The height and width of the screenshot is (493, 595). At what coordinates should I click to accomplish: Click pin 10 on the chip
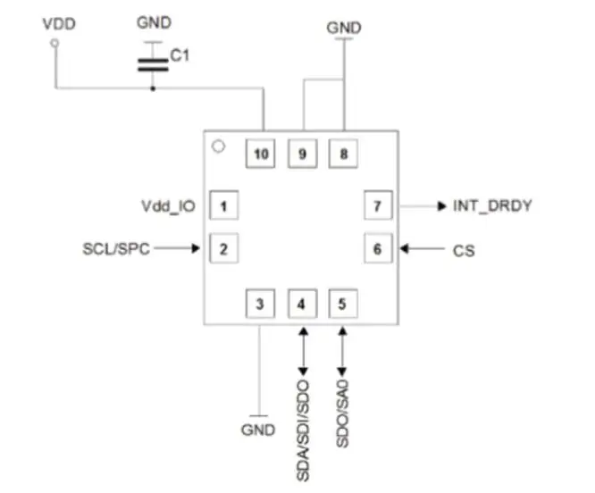coord(261,155)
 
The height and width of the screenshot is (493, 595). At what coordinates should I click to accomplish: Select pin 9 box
coord(302,155)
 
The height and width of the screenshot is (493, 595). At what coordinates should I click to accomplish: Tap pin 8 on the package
coord(343,155)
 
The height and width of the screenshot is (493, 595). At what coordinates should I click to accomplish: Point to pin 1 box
coord(223,207)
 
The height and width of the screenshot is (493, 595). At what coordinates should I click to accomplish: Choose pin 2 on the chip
coord(223,248)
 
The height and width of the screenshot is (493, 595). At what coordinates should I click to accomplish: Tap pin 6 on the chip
coord(377,248)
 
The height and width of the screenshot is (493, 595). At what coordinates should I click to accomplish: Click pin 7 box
coord(377,206)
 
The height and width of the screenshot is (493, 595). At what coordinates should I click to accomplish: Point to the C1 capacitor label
coord(180,55)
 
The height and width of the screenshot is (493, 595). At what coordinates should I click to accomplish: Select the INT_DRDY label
coord(493,206)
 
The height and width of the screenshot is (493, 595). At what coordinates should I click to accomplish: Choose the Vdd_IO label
coord(169,207)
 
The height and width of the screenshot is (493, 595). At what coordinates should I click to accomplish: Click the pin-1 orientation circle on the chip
coord(216,145)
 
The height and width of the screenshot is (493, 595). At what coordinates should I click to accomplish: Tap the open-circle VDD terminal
coord(54,42)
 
